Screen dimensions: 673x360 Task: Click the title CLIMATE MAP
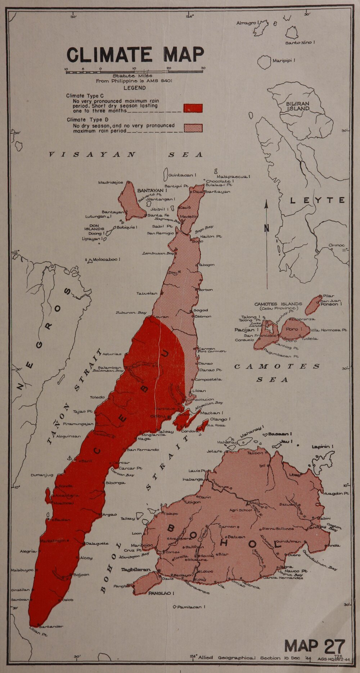tap(135, 55)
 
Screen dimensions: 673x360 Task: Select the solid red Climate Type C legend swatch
tap(193, 108)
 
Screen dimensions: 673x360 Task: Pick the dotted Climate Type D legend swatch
tap(193, 128)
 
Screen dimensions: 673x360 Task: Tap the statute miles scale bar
tap(134, 72)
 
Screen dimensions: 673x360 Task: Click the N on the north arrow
tap(266, 228)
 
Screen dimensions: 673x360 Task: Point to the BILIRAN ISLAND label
tap(298, 106)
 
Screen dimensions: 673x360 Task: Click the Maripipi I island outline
tap(264, 62)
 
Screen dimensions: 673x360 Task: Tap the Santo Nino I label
tap(300, 42)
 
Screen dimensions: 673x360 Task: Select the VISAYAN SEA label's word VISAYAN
tap(93, 155)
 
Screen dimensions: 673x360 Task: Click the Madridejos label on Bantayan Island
tap(111, 182)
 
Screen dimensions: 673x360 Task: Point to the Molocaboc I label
tap(106, 259)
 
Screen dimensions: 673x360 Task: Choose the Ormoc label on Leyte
tap(337, 245)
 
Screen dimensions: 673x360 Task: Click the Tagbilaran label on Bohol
tap(135, 570)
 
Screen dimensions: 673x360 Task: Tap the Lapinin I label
tap(323, 446)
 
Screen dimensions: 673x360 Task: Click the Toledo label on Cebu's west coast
tap(97, 397)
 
